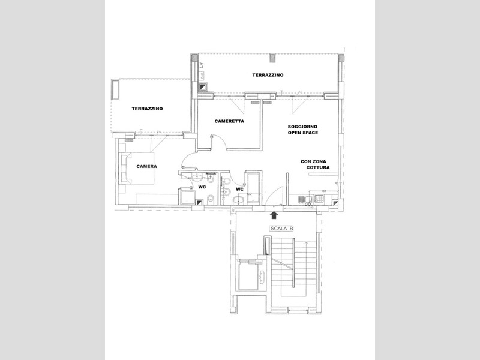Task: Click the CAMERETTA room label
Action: click(x=229, y=121)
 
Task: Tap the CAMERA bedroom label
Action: click(x=146, y=167)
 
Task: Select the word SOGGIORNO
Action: click(x=302, y=127)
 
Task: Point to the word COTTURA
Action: click(x=318, y=167)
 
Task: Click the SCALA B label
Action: click(x=281, y=229)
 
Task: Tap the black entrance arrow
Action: click(x=274, y=215)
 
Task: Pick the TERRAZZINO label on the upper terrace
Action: click(x=268, y=75)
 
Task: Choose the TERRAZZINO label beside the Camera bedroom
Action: click(x=147, y=109)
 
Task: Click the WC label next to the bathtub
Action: click(x=239, y=189)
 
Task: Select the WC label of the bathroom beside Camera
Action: click(x=202, y=187)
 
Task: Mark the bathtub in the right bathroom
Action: click(x=253, y=187)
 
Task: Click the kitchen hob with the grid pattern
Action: click(x=319, y=199)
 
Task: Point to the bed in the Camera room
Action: click(x=137, y=169)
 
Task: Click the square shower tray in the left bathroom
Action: click(x=187, y=197)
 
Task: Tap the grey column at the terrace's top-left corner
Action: click(x=194, y=58)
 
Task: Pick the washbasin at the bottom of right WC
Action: click(x=239, y=200)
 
